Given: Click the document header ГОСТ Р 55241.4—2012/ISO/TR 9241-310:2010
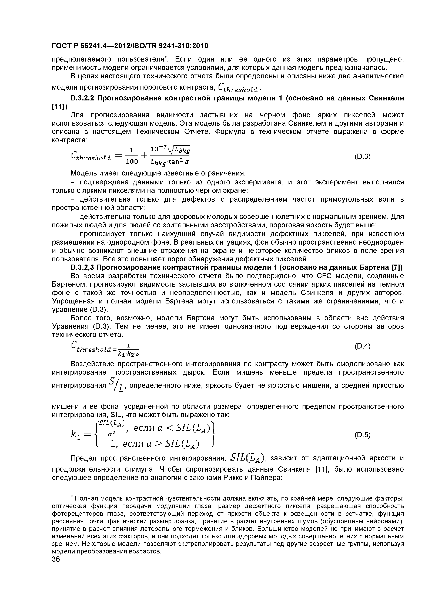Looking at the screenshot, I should click(x=130, y=46).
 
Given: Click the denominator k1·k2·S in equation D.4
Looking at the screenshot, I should click(x=129, y=354).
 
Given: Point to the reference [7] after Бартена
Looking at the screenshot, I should click(x=397, y=268).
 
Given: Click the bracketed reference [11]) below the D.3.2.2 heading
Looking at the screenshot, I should click(x=60, y=107).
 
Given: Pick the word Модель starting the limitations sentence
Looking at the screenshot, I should click(x=83, y=174).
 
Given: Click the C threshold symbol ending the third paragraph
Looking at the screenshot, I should click(x=238, y=88).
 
